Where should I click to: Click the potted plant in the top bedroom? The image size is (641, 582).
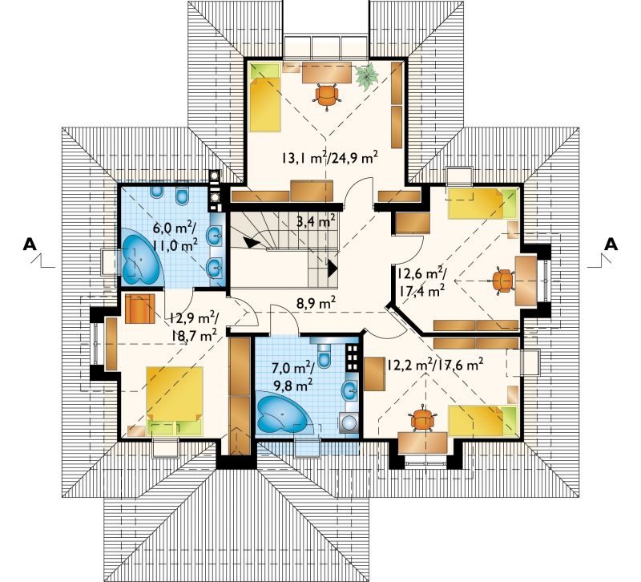point(367,75)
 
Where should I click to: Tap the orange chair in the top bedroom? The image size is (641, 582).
point(327,96)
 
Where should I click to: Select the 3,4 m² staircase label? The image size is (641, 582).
point(316,222)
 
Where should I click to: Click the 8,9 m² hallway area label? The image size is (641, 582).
point(316,304)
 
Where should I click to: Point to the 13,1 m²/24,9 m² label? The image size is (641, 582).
point(329,157)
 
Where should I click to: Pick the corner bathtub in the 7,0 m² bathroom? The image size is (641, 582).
point(284,412)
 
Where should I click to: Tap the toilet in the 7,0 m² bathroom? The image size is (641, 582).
point(325,355)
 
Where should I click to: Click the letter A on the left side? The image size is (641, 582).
point(30,244)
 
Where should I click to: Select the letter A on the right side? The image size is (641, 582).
point(611,244)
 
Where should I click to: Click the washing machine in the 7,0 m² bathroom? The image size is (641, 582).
point(349,422)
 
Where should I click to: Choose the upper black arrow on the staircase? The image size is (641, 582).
point(252,241)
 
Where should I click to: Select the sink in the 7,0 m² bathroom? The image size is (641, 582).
point(350,390)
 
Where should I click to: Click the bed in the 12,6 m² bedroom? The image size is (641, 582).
point(482,204)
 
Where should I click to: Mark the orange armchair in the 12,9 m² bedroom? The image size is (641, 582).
point(139,309)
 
